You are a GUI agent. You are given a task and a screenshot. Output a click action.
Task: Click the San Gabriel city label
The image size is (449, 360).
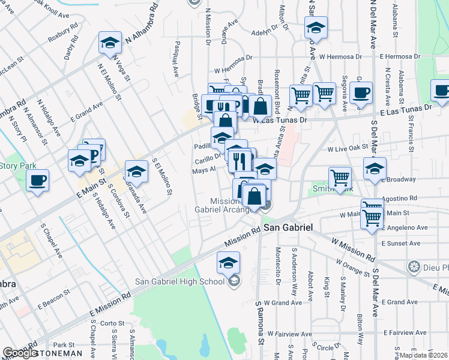click(289, 229)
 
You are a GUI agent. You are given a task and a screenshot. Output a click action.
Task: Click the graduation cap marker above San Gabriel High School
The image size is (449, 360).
click(228, 262)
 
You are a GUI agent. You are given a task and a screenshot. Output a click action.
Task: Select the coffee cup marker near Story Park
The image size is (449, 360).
click(37, 180)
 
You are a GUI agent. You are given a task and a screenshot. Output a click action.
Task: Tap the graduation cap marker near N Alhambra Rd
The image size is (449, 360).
click(110, 43)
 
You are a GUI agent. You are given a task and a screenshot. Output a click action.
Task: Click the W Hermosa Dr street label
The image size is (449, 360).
click(341, 57)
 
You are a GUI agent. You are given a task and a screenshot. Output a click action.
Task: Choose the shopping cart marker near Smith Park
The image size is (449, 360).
click(340, 178)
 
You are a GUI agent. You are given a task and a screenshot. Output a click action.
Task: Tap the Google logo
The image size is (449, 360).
click(20, 353)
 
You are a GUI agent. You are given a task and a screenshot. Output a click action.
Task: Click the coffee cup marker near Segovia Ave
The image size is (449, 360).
click(361, 93)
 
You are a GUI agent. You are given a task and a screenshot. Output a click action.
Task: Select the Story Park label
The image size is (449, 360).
click(18, 166)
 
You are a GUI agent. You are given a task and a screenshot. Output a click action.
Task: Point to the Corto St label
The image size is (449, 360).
click(112, 323)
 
